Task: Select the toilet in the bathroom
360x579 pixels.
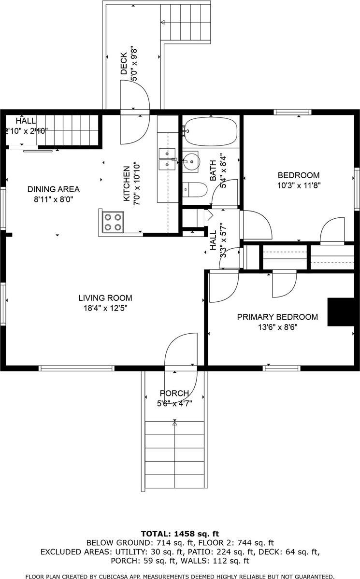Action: click(194, 190)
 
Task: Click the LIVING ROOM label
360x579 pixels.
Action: click(105, 298)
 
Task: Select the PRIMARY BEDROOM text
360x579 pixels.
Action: click(277, 317)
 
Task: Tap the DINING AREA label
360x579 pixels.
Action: click(53, 189)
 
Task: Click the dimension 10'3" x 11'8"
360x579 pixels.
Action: click(299, 184)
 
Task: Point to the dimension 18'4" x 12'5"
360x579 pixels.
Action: click(105, 308)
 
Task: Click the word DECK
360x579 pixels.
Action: click(124, 63)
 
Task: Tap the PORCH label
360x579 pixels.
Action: click(174, 394)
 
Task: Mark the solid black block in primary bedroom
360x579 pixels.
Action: click(337, 312)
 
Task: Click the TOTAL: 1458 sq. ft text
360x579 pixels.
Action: click(180, 534)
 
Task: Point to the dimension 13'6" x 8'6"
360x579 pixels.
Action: click(277, 327)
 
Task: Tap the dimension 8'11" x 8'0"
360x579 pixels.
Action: click(53, 198)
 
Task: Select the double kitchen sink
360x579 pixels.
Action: click(168, 159)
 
